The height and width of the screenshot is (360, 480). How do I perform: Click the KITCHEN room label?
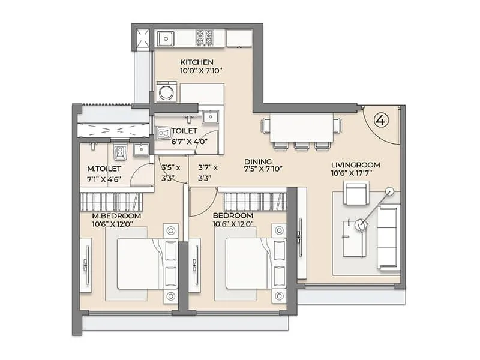(x=197, y=62)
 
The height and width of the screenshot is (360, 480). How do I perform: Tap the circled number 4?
(x=382, y=120)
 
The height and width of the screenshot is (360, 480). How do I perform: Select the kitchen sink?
(x=166, y=39)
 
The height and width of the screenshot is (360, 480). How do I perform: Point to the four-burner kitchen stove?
(x=204, y=37)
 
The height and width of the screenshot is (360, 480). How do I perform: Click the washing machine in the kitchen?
(x=166, y=92)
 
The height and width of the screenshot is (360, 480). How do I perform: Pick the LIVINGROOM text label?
(x=355, y=165)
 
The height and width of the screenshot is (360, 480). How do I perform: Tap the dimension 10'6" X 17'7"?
(x=352, y=173)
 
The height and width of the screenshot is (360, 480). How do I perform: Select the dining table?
(x=302, y=128)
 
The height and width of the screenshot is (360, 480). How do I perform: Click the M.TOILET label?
(x=104, y=169)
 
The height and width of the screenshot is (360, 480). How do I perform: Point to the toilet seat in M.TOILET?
(x=119, y=152)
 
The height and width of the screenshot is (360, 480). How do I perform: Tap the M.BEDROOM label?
(x=116, y=216)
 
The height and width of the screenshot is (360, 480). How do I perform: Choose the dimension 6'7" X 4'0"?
(x=190, y=142)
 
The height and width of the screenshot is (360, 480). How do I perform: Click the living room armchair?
(x=356, y=193)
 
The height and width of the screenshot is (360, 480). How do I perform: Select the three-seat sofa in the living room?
(x=388, y=238)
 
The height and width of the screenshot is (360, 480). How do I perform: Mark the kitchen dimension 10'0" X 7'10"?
(x=201, y=71)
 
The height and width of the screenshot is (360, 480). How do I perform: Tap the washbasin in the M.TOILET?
(x=141, y=149)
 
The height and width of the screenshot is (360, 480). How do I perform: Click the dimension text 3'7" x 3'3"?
(x=208, y=173)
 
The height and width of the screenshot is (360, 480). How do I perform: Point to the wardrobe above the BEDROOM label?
(x=255, y=202)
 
